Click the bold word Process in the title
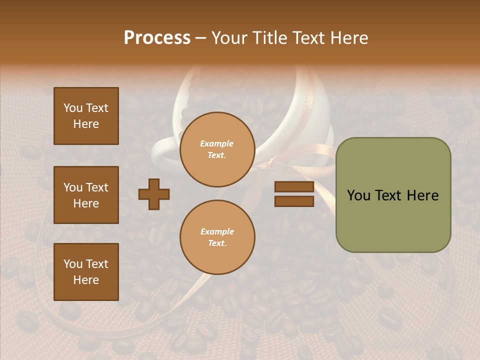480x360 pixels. [x=157, y=38]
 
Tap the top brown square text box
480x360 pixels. [x=86, y=116]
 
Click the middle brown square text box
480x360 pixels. [x=86, y=195]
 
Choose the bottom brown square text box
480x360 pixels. [x=86, y=272]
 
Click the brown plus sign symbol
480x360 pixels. [x=154, y=194]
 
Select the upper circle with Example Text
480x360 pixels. [x=217, y=149]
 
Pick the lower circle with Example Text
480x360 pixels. [x=217, y=237]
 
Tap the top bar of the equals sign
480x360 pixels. [x=294, y=187]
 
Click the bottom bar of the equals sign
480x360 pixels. [x=294, y=201]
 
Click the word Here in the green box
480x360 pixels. [x=422, y=195]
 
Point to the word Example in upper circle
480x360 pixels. [x=217, y=144]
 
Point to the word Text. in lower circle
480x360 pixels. [x=217, y=243]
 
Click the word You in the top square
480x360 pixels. [x=73, y=108]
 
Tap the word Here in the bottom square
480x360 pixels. [x=86, y=280]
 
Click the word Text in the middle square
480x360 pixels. [x=96, y=187]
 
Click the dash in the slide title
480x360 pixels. [x=201, y=38]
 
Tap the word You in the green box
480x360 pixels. [x=358, y=195]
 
